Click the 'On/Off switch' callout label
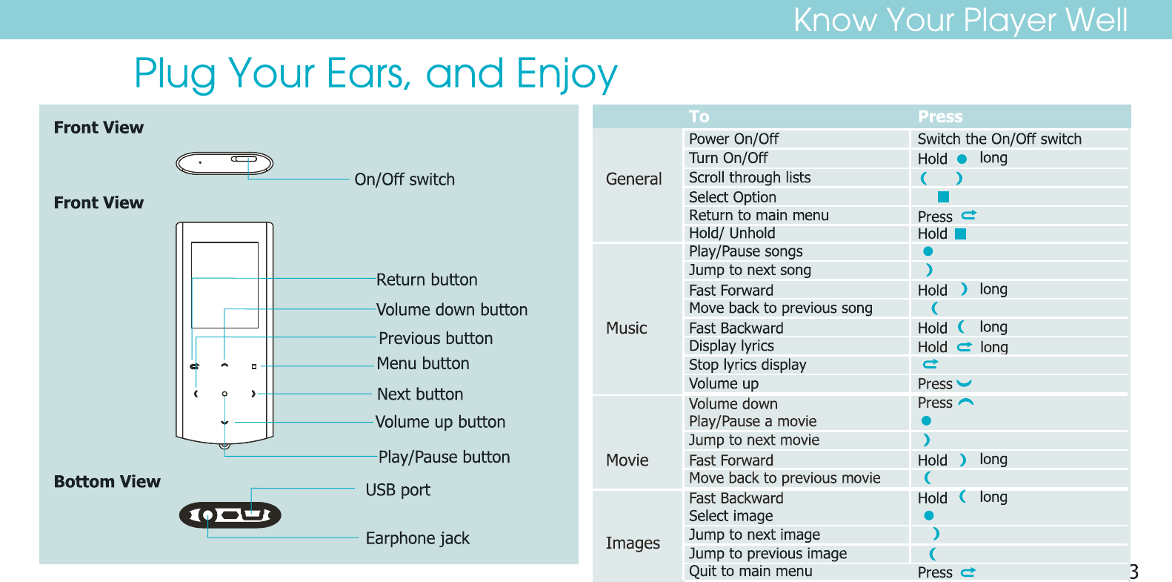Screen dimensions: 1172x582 click(404, 179)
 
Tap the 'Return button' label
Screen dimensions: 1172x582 click(427, 280)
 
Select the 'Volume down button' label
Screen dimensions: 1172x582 click(452, 309)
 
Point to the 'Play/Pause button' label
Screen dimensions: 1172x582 click(445, 457)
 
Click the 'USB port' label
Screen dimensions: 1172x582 click(398, 490)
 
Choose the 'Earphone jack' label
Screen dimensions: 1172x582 click(418, 538)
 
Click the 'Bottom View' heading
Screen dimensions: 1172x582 click(107, 481)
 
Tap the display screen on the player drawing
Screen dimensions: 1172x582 click(224, 285)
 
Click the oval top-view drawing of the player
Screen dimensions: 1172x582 click(224, 163)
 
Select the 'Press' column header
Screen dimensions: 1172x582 click(940, 116)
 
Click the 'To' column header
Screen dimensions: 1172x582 click(699, 116)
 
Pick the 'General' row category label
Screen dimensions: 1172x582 click(633, 179)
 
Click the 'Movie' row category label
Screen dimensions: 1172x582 click(627, 460)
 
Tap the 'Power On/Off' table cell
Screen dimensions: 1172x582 click(733, 139)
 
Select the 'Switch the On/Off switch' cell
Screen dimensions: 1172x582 click(999, 139)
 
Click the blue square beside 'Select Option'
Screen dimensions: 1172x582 click(943, 196)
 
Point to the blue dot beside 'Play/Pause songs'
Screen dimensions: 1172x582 click(928, 251)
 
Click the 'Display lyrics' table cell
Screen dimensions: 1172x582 click(731, 346)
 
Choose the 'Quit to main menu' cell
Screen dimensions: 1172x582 click(750, 571)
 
